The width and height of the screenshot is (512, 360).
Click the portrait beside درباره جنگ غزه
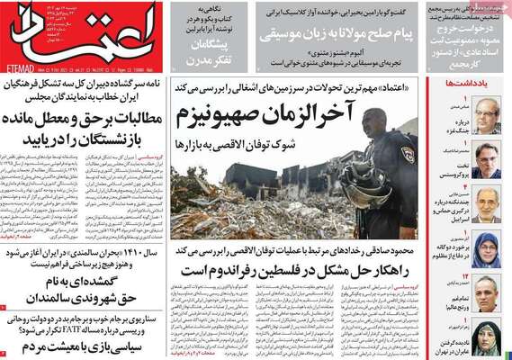click(x=486, y=113)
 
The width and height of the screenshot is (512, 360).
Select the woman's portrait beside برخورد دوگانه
click(x=486, y=249)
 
